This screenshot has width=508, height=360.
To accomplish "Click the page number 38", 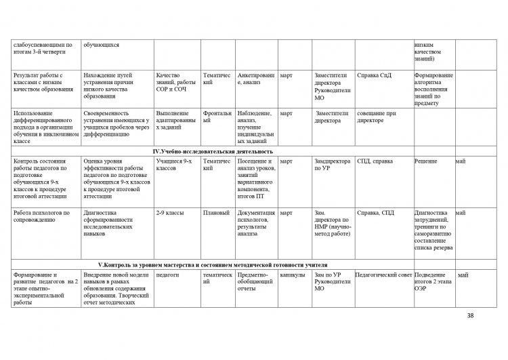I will coord(471,316).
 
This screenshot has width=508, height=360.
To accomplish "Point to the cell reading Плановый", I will coord(216,213).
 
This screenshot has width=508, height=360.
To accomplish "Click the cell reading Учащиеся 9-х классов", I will coord(174,165).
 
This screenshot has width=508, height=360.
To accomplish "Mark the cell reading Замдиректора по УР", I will coord(333,165).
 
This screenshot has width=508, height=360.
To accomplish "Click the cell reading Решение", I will coord(427,161).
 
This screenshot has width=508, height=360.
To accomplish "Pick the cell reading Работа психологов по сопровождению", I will coord(42,216).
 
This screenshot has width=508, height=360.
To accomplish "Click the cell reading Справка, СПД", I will coord(375,213).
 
